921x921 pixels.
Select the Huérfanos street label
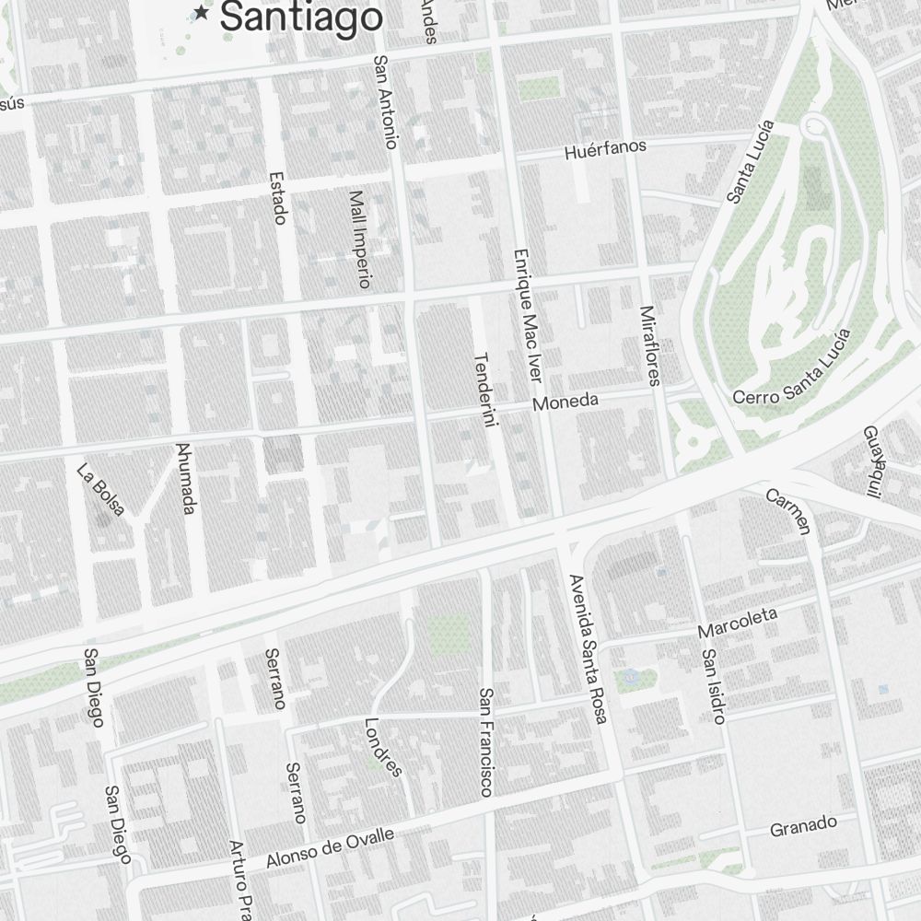click(605, 149)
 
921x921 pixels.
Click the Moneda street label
click(566, 402)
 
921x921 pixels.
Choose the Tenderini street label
click(484, 390)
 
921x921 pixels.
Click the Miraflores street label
click(649, 345)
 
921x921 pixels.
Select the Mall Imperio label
click(359, 239)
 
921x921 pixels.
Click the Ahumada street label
click(185, 479)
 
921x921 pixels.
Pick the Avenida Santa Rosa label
click(588, 648)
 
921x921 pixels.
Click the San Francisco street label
click(485, 741)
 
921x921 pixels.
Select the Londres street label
click(384, 746)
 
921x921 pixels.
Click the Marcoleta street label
click(738, 623)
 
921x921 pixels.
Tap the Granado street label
click(803, 825)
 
